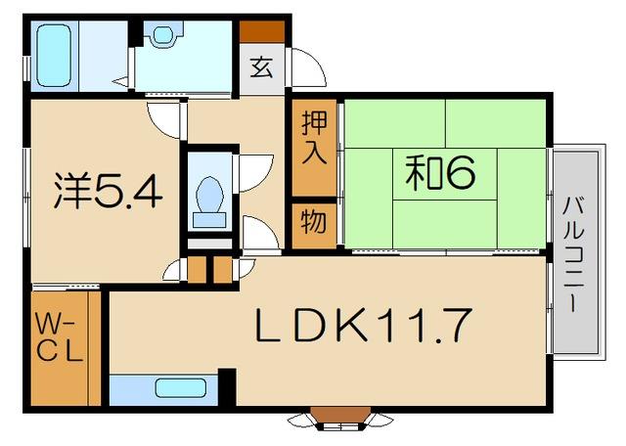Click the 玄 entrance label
[262, 67]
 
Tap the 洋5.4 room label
[109, 192]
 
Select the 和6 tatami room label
[441, 172]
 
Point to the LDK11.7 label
[362, 324]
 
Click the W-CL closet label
[60, 337]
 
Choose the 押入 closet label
[314, 137]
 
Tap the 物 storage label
[314, 222]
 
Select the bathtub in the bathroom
[54, 56]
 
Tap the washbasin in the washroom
[163, 35]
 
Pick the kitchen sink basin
[181, 388]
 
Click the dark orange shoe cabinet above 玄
[262, 31]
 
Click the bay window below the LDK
[340, 419]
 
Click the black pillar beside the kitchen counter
[227, 387]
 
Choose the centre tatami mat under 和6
[445, 174]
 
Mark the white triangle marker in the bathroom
[121, 82]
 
